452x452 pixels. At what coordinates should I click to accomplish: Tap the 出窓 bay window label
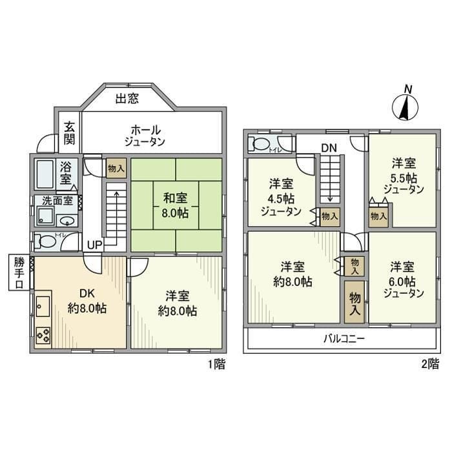click(x=127, y=99)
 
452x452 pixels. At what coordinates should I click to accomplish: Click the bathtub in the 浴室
click(x=45, y=173)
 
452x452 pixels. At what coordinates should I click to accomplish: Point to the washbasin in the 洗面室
click(x=68, y=217)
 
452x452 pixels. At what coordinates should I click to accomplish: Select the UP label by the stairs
click(x=94, y=245)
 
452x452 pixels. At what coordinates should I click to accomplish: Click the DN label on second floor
click(x=329, y=149)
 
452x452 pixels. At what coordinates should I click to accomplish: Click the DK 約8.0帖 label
click(x=87, y=300)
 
